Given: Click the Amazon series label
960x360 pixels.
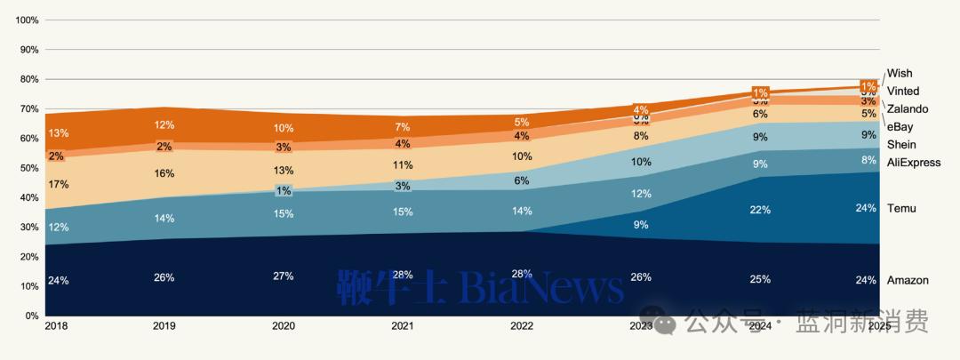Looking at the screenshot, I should coord(908,280).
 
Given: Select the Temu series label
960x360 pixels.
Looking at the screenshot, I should coord(901,208).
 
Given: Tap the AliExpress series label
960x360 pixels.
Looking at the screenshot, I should coord(914,162).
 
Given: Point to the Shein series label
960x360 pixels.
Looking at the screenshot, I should coord(902,144).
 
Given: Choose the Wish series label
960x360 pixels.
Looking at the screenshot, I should coord(900,73).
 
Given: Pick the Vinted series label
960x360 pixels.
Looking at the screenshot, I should coord(903,91).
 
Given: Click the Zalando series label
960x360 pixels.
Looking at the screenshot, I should coord(908,108).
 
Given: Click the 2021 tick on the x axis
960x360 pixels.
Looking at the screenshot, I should coord(403,326).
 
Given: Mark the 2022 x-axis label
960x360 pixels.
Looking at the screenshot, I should coord(522,326).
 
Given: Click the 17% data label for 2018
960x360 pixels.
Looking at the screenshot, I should coord(59,184).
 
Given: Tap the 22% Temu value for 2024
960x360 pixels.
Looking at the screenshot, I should coord(760,209).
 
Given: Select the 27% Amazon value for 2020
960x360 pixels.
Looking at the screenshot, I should coord(284,276).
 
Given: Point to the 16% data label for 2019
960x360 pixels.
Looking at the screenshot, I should coord(164,174).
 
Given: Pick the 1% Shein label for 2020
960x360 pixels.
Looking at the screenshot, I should coord(284,190).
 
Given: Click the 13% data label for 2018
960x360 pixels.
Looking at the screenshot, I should coord(59,133).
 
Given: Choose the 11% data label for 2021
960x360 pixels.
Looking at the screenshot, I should coord(403,164).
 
